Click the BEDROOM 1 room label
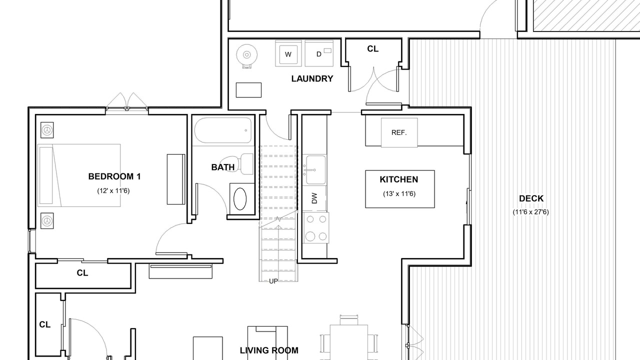pos(114,176)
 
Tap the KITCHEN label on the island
pos(399,179)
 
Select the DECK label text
pos(531,198)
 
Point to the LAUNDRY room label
pos(312,78)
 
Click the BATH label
pos(223,167)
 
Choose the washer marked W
pos(288,53)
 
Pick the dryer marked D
pos(319,53)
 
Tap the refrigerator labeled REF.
pos(399,132)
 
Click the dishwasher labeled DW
pos(314,198)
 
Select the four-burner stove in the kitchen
pos(316,227)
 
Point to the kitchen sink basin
pos(315,169)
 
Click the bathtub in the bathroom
pos(223,130)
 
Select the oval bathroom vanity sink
pos(240,199)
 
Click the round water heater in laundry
pos(247,54)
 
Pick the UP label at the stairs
pos(273,281)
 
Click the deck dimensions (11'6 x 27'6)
pos(531,212)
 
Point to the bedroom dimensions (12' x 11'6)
pos(113,190)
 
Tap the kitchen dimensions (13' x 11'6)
pos(399,193)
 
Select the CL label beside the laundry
pos(373,49)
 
